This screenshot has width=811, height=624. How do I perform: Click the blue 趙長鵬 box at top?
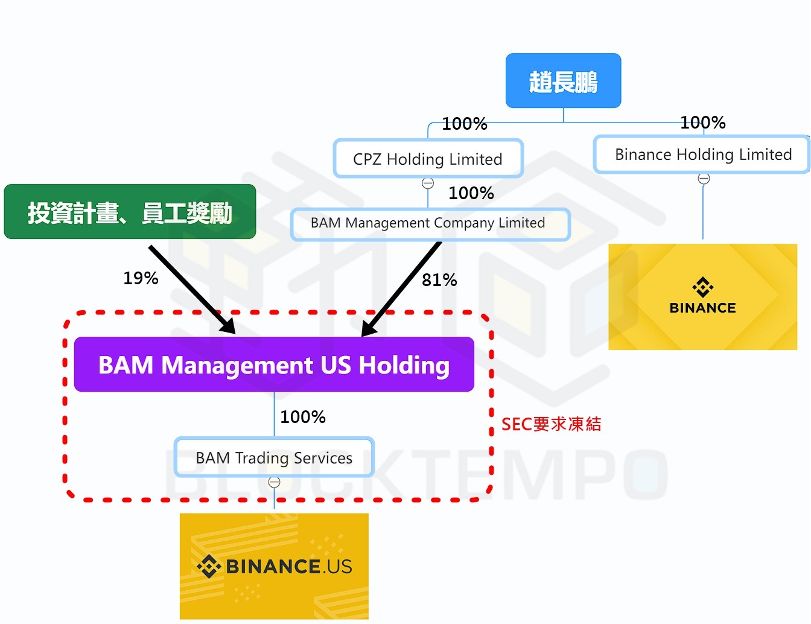[563, 81]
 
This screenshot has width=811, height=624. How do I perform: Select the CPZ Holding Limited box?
[428, 159]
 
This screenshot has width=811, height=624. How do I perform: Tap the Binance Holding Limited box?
[703, 154]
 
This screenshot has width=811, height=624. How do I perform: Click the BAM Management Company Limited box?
[430, 224]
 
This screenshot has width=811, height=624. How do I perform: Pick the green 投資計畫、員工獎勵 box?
[130, 212]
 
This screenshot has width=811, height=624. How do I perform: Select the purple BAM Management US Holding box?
[274, 365]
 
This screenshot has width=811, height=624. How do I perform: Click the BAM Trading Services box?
[274, 457]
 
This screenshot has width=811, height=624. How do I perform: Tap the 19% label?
[141, 278]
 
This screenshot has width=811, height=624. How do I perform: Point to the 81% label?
[439, 280]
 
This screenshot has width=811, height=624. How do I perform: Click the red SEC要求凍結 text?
[551, 424]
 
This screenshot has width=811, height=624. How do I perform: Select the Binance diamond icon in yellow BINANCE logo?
[703, 287]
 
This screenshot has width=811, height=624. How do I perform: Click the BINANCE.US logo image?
[274, 566]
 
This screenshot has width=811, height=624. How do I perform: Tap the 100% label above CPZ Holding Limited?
[464, 124]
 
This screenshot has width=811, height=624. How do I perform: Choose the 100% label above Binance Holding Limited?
[703, 123]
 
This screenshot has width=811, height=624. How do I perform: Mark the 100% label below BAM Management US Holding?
[303, 417]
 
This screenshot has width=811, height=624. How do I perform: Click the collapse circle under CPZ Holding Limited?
[428, 183]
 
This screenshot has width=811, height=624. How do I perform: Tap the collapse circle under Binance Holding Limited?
[704, 179]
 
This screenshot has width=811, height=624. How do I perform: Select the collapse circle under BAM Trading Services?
[274, 482]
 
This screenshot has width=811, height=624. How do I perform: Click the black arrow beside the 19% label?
[192, 289]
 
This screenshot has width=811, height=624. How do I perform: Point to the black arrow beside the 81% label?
[401, 289]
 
